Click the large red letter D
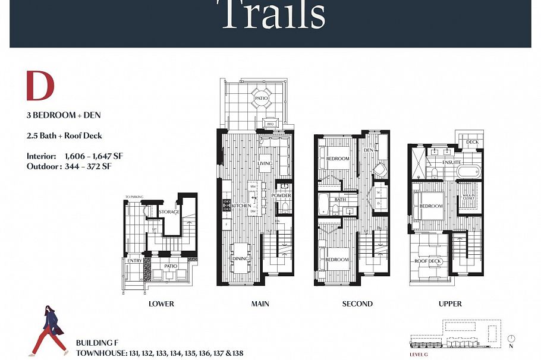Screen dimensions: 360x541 (40, 86)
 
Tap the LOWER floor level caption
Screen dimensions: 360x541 (161, 304)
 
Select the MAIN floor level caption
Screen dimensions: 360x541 (260, 304)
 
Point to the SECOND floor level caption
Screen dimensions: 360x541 (357, 304)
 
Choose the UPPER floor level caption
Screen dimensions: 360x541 (450, 304)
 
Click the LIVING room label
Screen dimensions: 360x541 (265, 163)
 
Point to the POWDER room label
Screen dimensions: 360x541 (281, 195)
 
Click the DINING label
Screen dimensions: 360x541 (241, 259)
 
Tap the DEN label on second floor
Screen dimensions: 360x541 (367, 150)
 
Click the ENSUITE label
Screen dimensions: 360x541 (451, 162)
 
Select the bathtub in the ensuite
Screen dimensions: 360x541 (470, 172)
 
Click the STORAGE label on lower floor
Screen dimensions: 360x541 (169, 212)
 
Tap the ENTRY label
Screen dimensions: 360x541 (134, 260)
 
